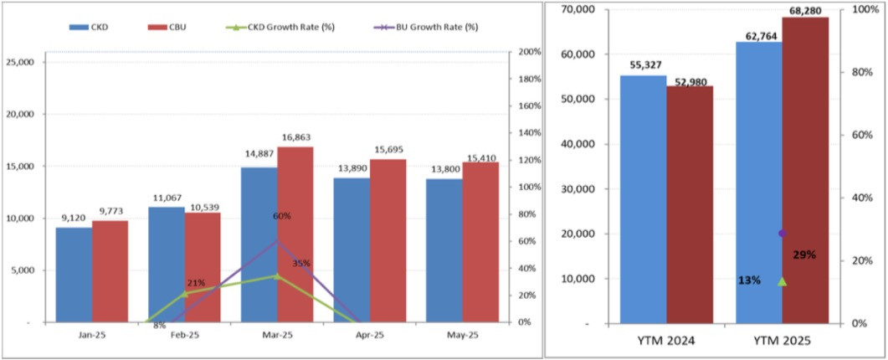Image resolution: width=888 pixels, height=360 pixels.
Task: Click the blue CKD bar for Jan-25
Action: (74, 275)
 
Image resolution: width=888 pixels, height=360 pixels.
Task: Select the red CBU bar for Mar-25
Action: (295, 234)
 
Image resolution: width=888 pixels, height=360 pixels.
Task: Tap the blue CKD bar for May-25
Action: (444, 250)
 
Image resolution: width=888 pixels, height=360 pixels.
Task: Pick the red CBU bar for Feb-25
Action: (203, 267)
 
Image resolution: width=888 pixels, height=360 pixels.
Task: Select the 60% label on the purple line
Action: (282, 216)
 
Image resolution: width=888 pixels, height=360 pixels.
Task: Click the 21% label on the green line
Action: (196, 282)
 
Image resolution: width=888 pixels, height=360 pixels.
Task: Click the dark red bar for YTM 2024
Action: (690, 204)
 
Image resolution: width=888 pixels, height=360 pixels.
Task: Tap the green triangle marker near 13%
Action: (782, 281)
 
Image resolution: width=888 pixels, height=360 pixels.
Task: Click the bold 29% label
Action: (803, 254)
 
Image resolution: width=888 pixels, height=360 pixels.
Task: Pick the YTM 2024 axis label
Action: (666, 342)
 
